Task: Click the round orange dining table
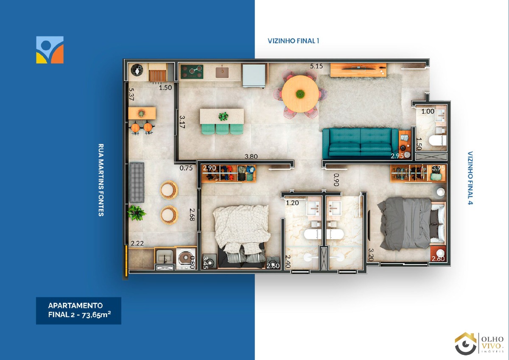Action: (x=300, y=94)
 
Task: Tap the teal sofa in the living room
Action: (x=360, y=143)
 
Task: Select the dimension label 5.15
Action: (x=316, y=66)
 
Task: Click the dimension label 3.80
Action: (x=251, y=156)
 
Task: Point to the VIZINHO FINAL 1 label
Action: (x=294, y=41)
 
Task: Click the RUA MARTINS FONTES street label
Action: (x=101, y=180)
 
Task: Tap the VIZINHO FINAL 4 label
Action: (x=470, y=178)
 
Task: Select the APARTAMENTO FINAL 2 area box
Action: (x=78, y=310)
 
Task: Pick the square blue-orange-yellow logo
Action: (x=50, y=50)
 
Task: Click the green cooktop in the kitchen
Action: (x=192, y=72)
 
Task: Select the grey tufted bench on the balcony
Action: (x=137, y=182)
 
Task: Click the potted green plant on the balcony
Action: (x=136, y=213)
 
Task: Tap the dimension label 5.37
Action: (x=131, y=94)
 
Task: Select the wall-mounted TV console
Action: (x=358, y=70)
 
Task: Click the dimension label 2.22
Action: (x=137, y=243)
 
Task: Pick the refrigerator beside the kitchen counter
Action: (x=254, y=75)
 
